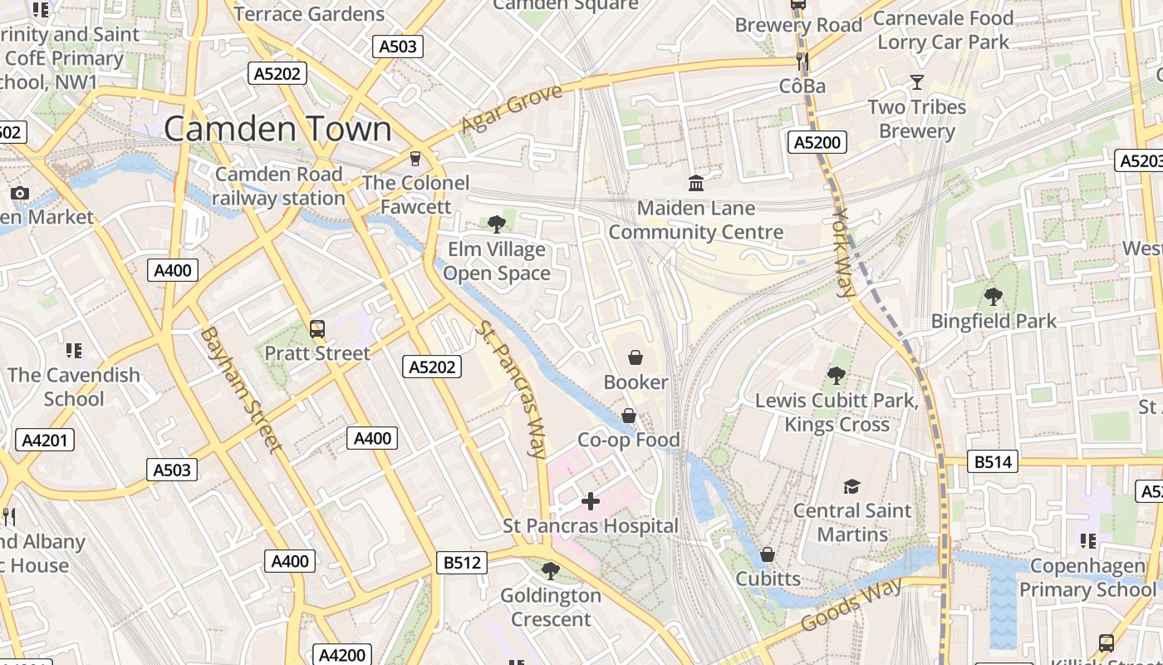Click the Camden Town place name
pyautogui.click(x=277, y=129)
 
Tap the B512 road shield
pyautogui.click(x=462, y=563)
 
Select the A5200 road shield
pyautogui.click(x=817, y=142)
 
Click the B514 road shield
pyautogui.click(x=992, y=462)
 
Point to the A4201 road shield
pyautogui.click(x=45, y=441)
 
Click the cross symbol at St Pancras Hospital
pyautogui.click(x=591, y=501)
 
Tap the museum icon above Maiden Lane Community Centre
pyautogui.click(x=696, y=183)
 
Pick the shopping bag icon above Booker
pyautogui.click(x=635, y=357)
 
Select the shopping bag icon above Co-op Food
pyautogui.click(x=629, y=415)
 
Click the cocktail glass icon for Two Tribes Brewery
pyautogui.click(x=917, y=81)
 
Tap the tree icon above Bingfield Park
pyautogui.click(x=993, y=296)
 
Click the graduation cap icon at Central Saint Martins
pyautogui.click(x=851, y=485)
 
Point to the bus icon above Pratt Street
pyautogui.click(x=317, y=328)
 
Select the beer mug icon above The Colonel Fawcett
pyautogui.click(x=415, y=158)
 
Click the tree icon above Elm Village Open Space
pyautogui.click(x=497, y=224)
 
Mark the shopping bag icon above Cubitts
pyautogui.click(x=768, y=554)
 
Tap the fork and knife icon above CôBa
pyautogui.click(x=802, y=61)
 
